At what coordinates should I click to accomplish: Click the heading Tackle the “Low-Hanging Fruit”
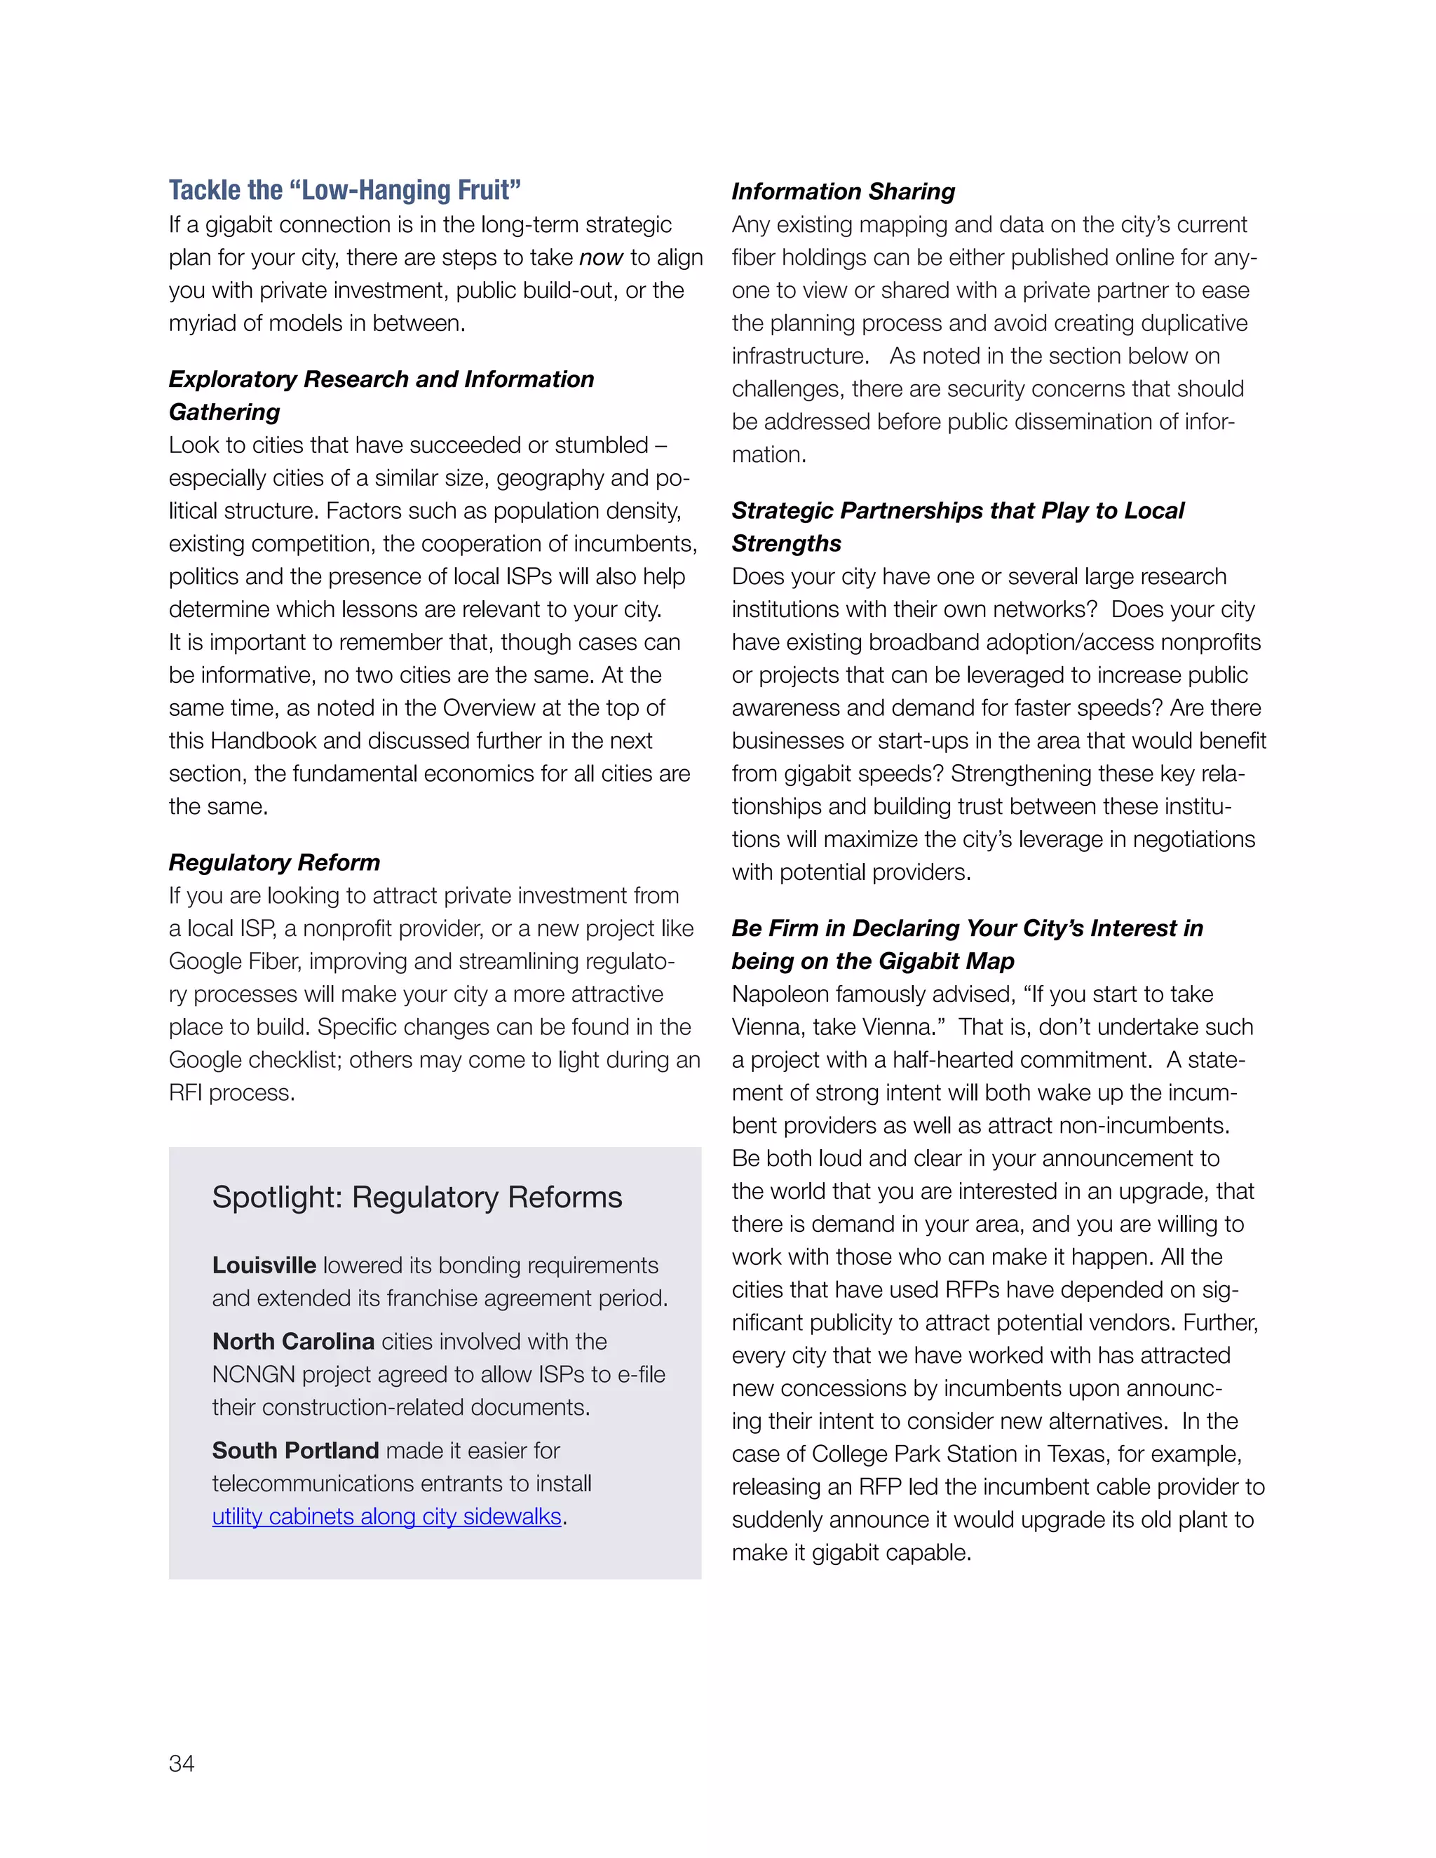coord(344,190)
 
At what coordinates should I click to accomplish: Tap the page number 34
coord(181,1763)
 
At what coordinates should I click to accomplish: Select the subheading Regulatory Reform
coord(274,862)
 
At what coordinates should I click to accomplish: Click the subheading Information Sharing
coord(842,191)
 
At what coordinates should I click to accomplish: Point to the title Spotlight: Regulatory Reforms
coord(417,1197)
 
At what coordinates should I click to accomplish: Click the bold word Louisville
coord(264,1265)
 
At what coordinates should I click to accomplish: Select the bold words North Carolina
coord(292,1341)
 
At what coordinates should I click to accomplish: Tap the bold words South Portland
coord(295,1451)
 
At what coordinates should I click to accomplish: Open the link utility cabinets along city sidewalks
coord(386,1517)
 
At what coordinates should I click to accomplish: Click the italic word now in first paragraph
coord(601,258)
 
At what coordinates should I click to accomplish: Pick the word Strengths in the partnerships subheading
coord(786,543)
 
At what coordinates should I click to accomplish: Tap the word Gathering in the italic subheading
coord(224,412)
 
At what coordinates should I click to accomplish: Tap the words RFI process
coord(231,1093)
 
